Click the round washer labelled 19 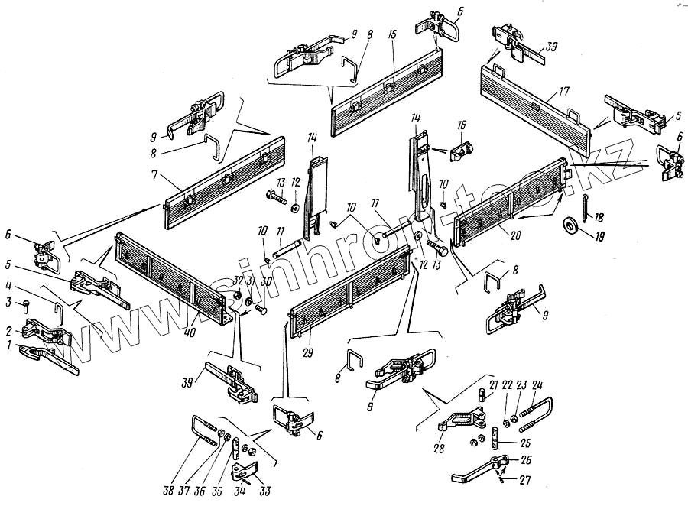570,226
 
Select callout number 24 537,384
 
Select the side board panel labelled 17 535,107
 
